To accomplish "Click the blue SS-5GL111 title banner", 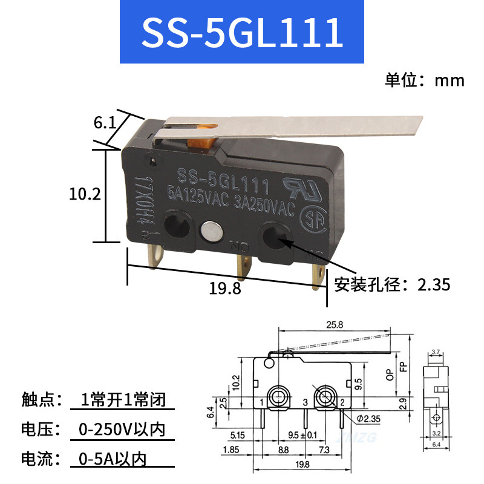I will coord(242,33).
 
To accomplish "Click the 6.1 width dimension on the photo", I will coord(104,123).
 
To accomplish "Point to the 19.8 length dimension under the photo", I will coord(225,289).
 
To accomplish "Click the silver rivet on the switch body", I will coord(209,231).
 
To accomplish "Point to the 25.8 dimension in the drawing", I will coord(334,325).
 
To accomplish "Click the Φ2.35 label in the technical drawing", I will coord(368,417).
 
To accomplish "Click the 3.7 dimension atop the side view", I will coord(436,352).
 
